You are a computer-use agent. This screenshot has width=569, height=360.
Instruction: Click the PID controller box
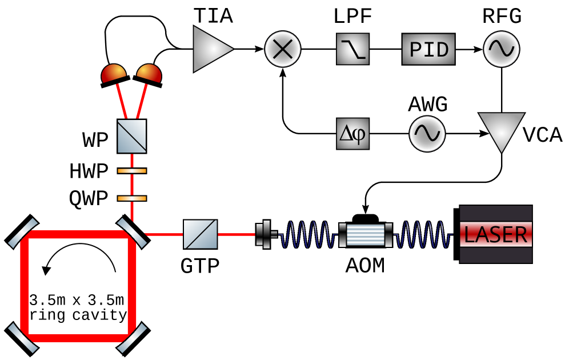tap(428, 49)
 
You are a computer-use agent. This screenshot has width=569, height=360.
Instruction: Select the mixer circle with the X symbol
tap(283, 49)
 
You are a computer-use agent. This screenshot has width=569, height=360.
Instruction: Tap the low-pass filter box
tap(352, 49)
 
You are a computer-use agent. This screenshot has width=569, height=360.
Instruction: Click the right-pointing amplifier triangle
tap(210, 49)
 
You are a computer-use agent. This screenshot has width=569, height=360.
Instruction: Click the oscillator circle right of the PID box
tap(502, 49)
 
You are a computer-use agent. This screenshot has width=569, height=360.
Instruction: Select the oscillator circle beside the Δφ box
tap(427, 134)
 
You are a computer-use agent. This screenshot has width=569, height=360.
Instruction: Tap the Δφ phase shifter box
tap(352, 134)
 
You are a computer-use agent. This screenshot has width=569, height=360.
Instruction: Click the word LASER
tap(495, 234)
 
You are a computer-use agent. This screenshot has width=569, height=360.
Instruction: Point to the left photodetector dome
tap(114, 73)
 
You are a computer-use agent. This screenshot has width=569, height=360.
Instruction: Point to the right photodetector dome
tap(149, 73)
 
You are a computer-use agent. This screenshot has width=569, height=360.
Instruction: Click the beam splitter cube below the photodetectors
tap(132, 136)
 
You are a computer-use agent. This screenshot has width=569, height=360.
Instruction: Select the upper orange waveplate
tap(132, 171)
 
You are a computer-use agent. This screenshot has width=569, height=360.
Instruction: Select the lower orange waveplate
tap(132, 198)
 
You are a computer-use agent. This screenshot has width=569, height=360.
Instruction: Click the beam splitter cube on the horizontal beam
tap(201, 234)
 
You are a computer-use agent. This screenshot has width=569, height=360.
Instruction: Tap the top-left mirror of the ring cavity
tap(23, 233)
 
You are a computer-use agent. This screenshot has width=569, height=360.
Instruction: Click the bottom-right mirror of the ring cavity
tap(132, 338)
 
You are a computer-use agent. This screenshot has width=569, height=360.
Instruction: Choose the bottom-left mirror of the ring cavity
tap(23, 338)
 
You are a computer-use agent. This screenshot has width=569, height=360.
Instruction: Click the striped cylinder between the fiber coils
tap(366, 235)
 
